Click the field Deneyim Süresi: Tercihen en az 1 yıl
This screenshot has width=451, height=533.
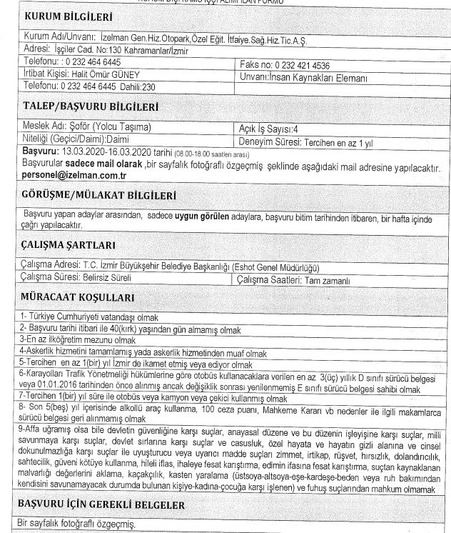click(x=308, y=141)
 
